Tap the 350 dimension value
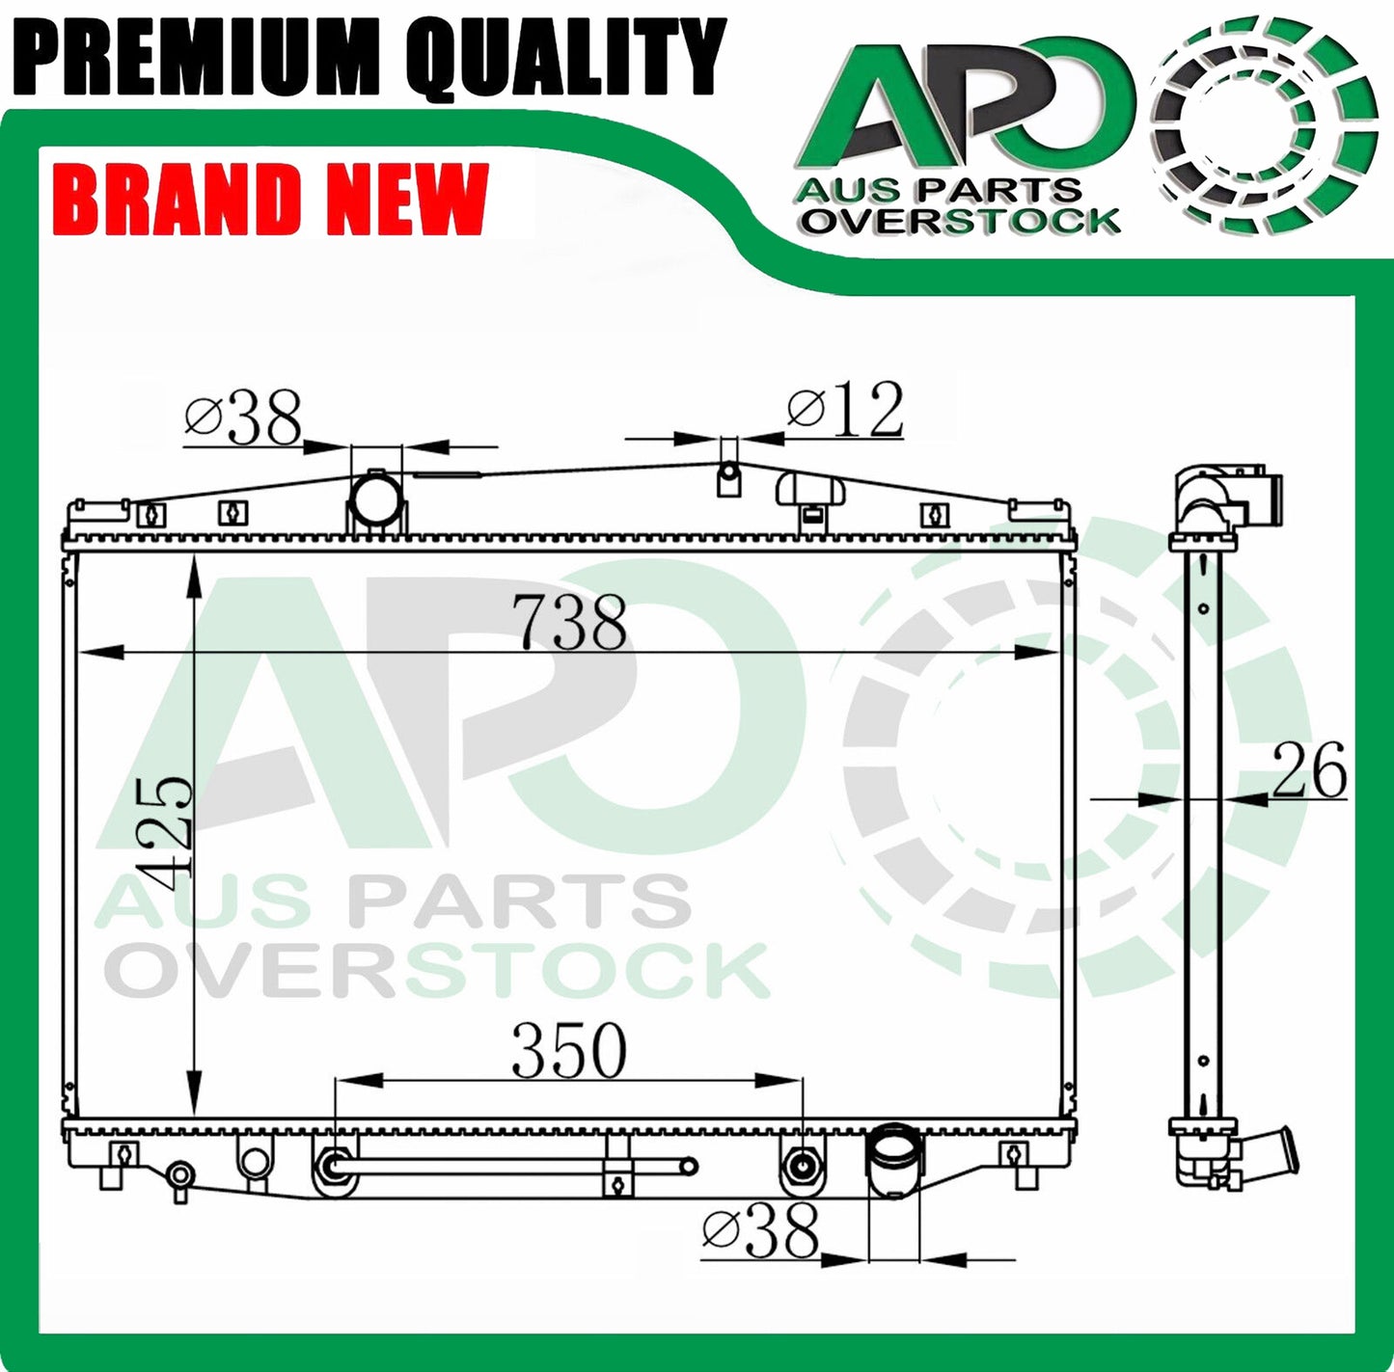568,1050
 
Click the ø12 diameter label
846,410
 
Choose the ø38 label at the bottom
760,1229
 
